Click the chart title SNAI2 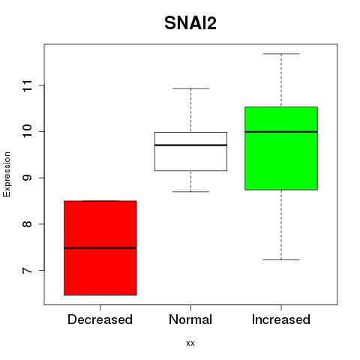click(x=190, y=23)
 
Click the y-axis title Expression click(x=7, y=174)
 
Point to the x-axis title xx click(x=190, y=343)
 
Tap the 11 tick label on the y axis click(x=28, y=85)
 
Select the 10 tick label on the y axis click(x=28, y=131)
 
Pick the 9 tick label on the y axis click(x=28, y=178)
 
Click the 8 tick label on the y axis click(x=28, y=224)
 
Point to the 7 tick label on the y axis click(x=28, y=270)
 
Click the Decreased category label click(x=100, y=319)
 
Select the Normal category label click(x=190, y=319)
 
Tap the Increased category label click(x=281, y=319)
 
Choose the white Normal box click(x=190, y=151)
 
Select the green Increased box click(x=281, y=148)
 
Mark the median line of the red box click(x=100, y=248)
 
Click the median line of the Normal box click(x=190, y=145)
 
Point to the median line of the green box click(x=281, y=132)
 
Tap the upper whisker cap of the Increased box click(x=281, y=54)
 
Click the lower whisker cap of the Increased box click(x=281, y=259)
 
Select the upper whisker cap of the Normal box click(x=190, y=88)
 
